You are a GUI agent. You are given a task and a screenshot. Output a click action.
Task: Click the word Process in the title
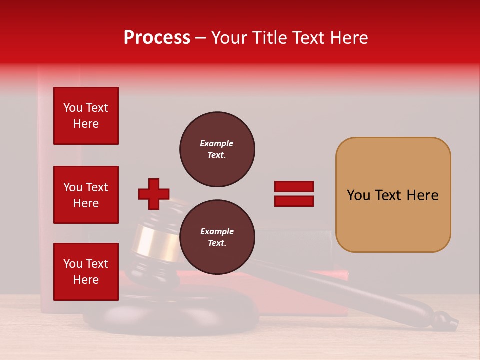[x=157, y=38]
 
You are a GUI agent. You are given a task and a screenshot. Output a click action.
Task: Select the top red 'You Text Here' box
[x=86, y=116]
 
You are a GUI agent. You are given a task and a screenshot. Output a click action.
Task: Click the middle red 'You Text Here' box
[x=86, y=195]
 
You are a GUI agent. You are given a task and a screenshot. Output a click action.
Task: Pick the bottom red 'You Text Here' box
[x=86, y=272]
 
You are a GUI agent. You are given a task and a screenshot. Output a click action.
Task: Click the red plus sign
[x=154, y=194]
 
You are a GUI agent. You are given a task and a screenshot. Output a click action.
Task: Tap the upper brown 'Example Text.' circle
[x=217, y=149]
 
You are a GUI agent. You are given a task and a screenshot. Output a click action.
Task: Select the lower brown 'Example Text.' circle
[x=217, y=237]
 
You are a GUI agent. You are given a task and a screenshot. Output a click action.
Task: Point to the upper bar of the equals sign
[x=294, y=187]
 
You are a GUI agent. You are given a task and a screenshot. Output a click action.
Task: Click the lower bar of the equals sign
[x=294, y=201]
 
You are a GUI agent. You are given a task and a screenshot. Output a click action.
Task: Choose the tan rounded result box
[x=393, y=195]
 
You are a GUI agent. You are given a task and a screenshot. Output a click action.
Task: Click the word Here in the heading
[x=349, y=38]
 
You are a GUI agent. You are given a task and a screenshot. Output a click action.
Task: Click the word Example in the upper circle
[x=217, y=143]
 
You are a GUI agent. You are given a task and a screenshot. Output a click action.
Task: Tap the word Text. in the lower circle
[x=217, y=243]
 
